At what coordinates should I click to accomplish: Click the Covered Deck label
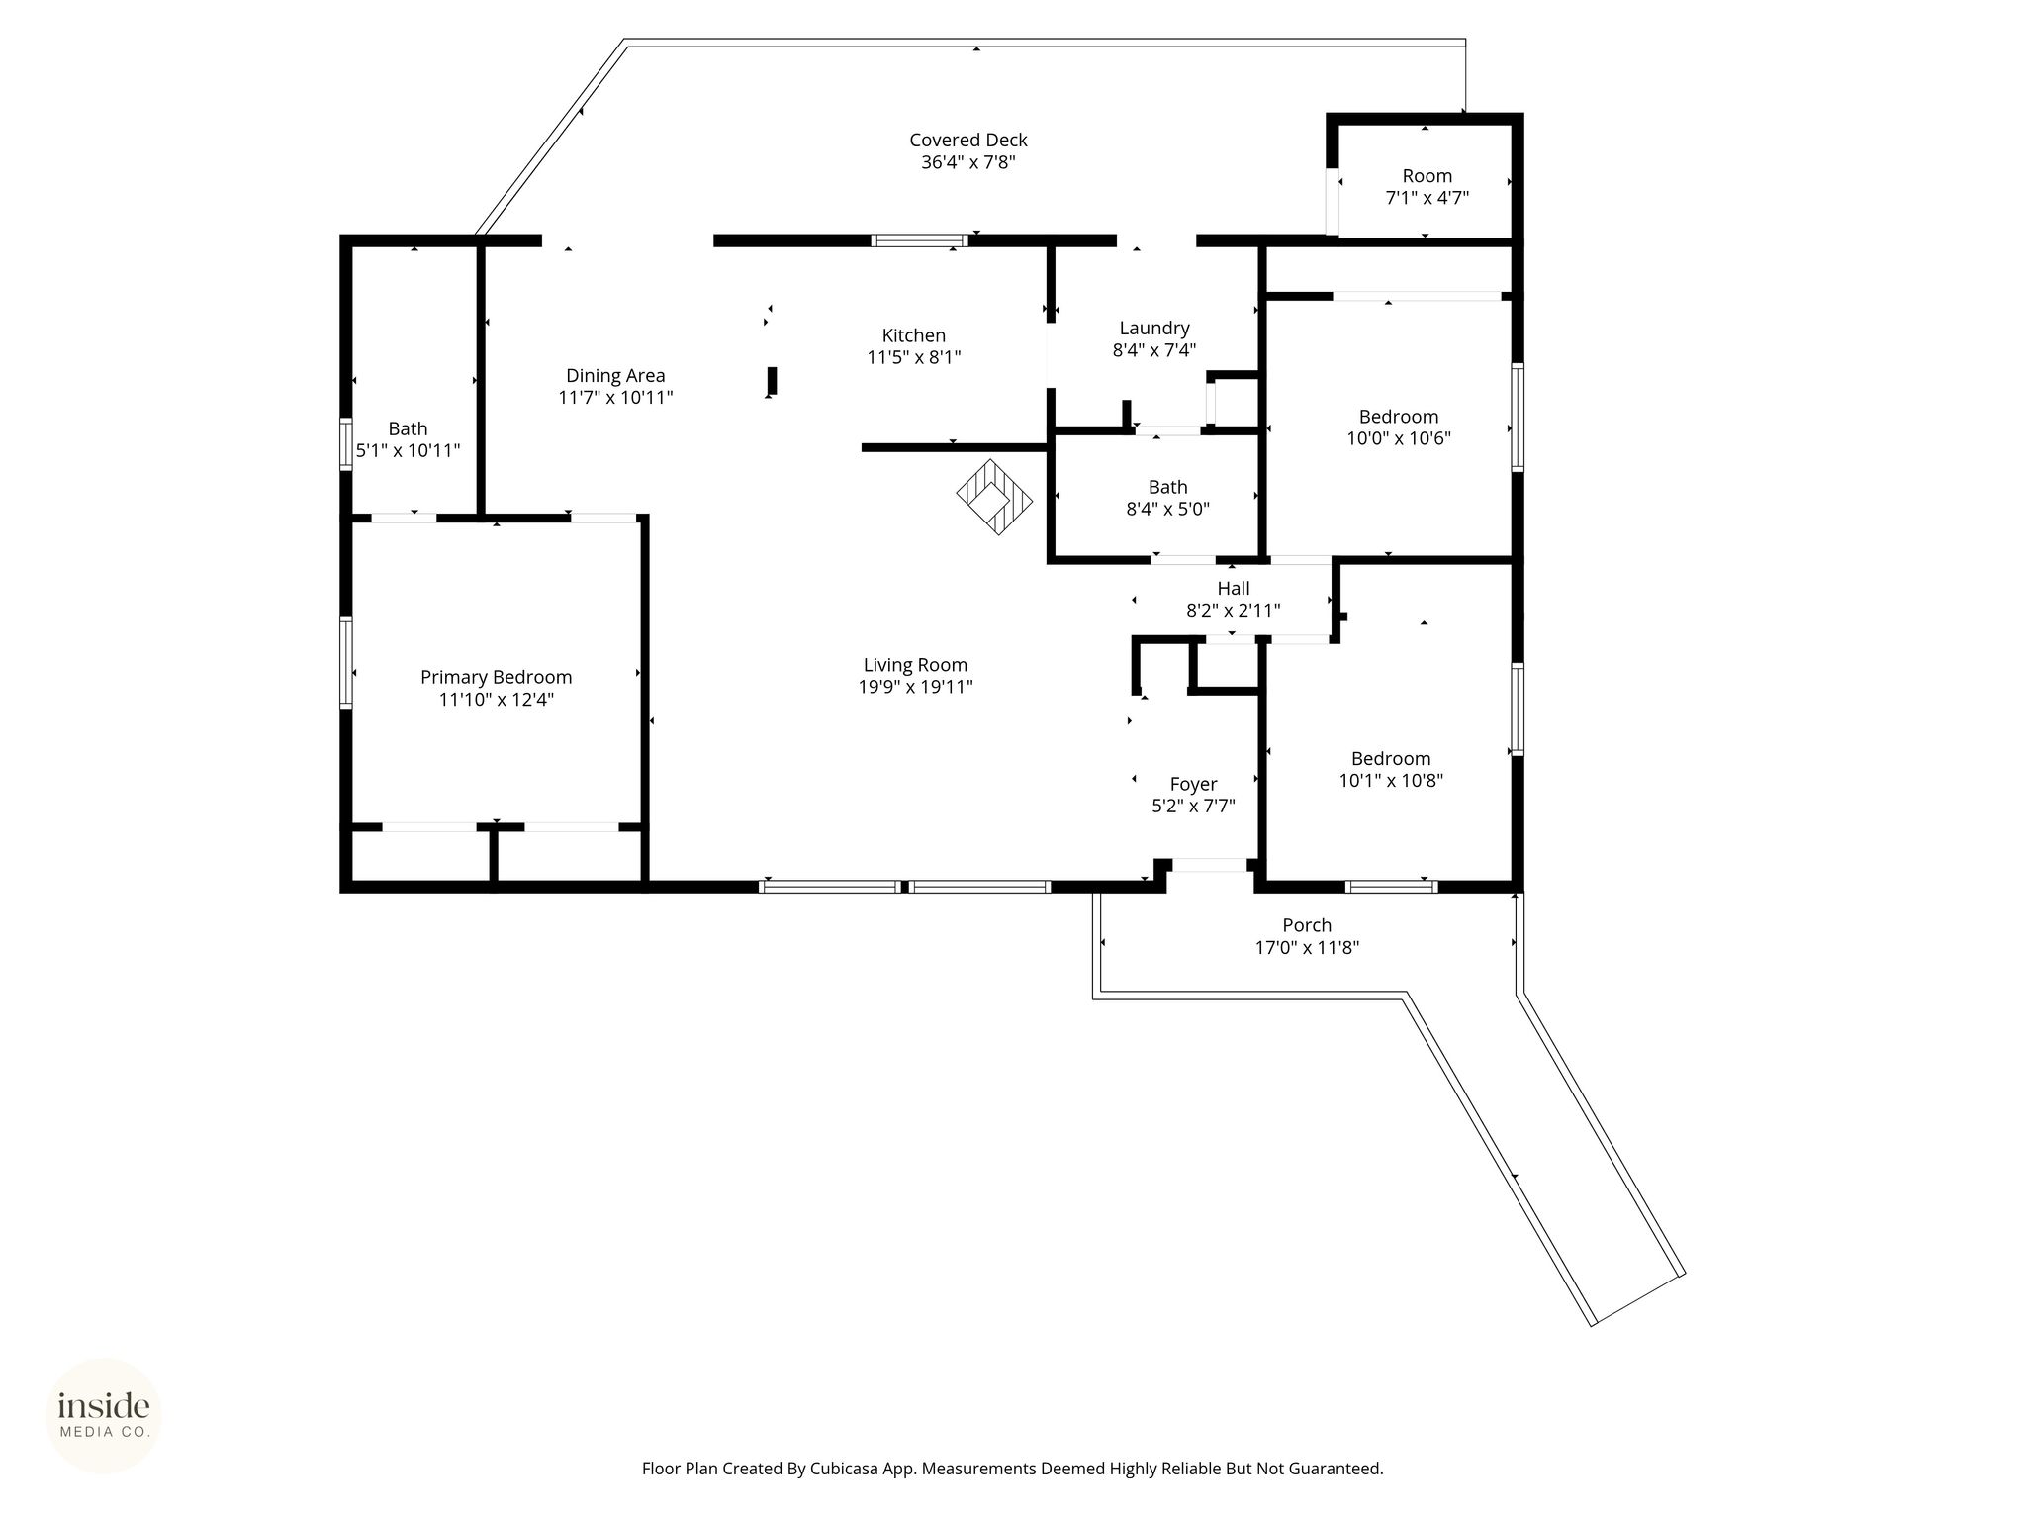(968, 141)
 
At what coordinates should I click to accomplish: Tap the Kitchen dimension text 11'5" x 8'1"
(914, 357)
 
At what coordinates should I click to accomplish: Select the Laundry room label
(1154, 329)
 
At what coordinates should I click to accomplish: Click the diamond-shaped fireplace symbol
(994, 497)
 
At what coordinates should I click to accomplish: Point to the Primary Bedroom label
(497, 678)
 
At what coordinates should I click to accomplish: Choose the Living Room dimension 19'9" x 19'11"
(916, 687)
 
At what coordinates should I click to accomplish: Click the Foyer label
(1194, 785)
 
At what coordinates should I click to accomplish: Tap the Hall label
(1234, 589)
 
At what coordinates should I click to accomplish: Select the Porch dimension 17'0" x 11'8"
(1308, 947)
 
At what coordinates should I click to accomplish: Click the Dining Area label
(615, 376)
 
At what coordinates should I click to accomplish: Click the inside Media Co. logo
(104, 1415)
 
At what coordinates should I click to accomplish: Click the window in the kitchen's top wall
(919, 239)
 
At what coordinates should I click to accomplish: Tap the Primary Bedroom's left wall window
(346, 662)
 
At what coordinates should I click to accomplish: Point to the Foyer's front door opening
(1209, 865)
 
